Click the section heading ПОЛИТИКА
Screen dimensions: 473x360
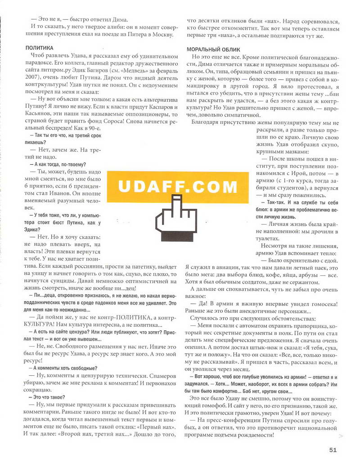39,47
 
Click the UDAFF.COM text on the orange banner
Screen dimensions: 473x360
178,186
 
